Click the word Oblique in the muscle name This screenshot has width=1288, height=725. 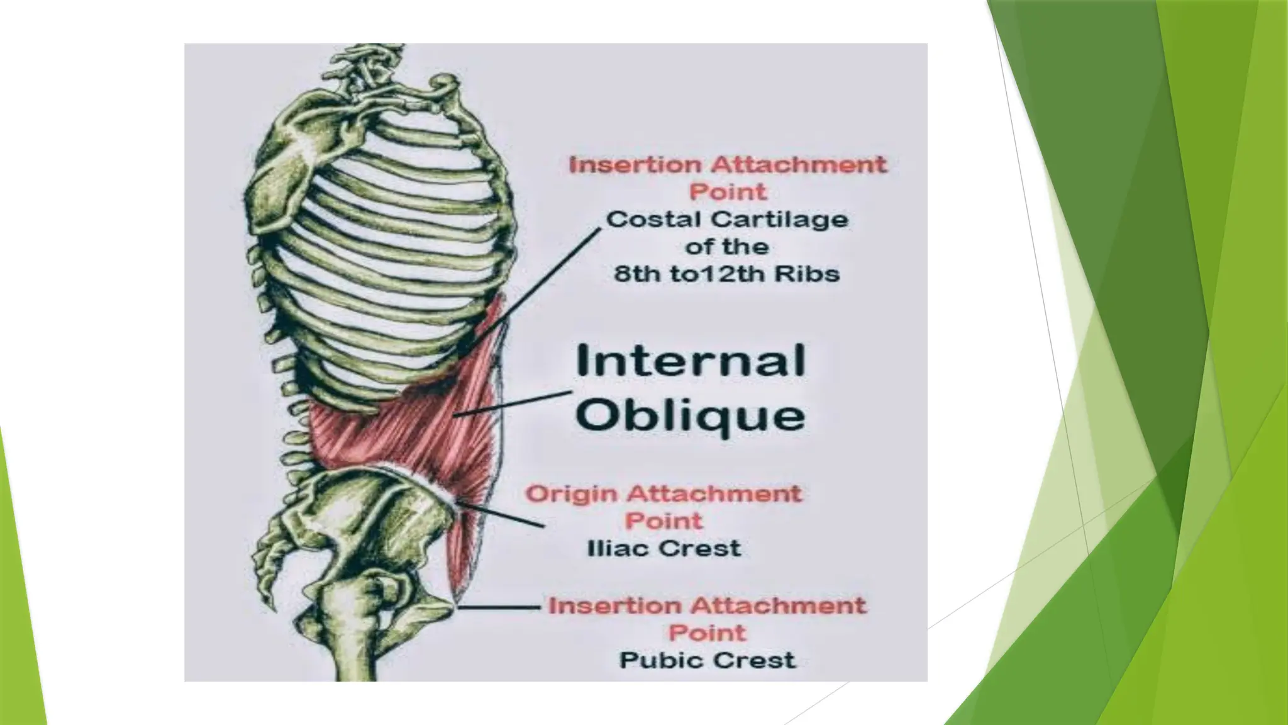[690, 415]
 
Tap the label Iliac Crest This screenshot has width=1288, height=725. [664, 549]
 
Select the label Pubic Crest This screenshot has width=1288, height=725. [708, 661]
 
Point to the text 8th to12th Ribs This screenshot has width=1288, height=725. [726, 274]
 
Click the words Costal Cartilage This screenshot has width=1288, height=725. [727, 220]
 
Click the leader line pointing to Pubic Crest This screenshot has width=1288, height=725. [500, 608]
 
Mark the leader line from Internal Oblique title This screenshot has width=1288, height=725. [513, 404]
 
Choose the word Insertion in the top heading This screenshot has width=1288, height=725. [635, 165]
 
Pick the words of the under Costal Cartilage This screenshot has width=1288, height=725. [726, 247]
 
